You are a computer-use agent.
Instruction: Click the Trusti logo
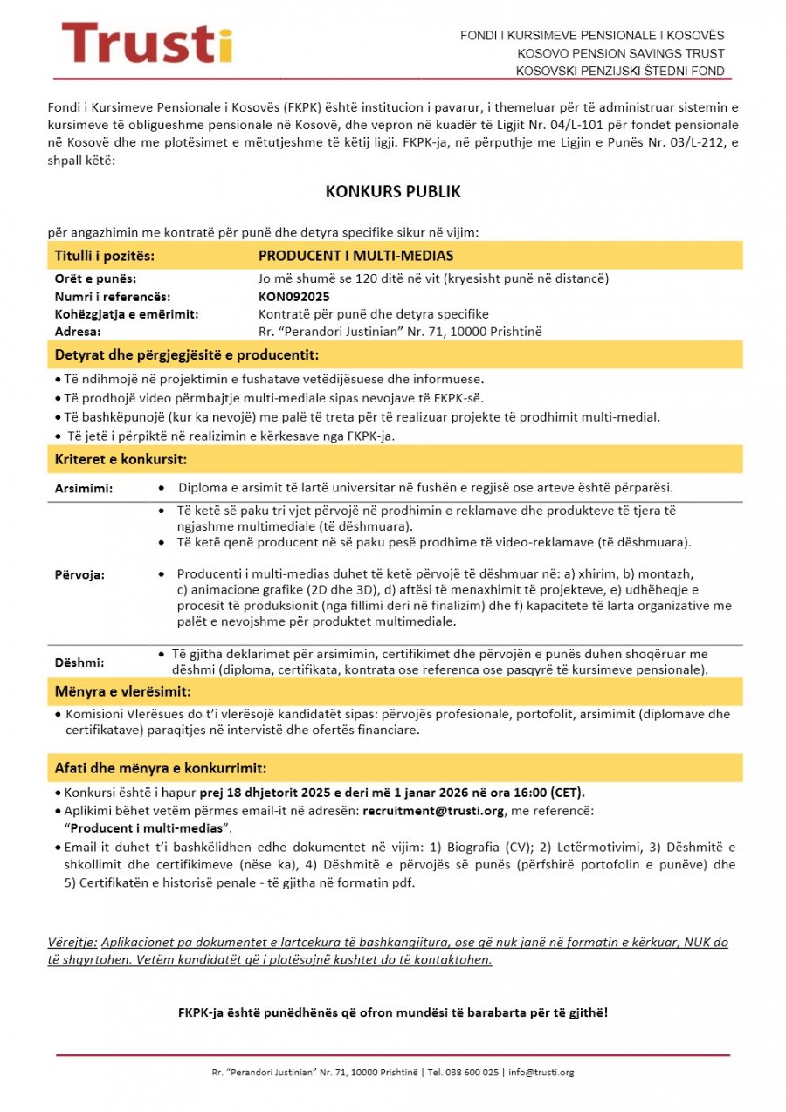(146, 44)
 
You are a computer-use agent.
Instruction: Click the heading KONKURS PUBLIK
(393, 192)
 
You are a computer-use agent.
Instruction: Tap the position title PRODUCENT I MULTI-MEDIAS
(355, 256)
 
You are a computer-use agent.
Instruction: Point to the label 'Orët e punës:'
(95, 279)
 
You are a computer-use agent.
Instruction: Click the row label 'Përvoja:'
(80, 575)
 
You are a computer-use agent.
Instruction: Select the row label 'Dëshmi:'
(79, 662)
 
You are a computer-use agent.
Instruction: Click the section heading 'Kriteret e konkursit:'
(121, 459)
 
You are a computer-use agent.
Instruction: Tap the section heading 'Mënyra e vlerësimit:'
(122, 692)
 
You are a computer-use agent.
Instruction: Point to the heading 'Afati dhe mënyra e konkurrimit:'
(161, 768)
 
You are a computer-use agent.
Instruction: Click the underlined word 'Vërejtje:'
(72, 943)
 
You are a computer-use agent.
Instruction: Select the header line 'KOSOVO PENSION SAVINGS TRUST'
(620, 53)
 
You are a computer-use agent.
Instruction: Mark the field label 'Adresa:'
(78, 332)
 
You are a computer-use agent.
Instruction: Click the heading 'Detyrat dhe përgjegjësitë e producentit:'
(186, 355)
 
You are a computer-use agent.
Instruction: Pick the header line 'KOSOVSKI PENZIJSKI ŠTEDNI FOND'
(620, 71)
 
